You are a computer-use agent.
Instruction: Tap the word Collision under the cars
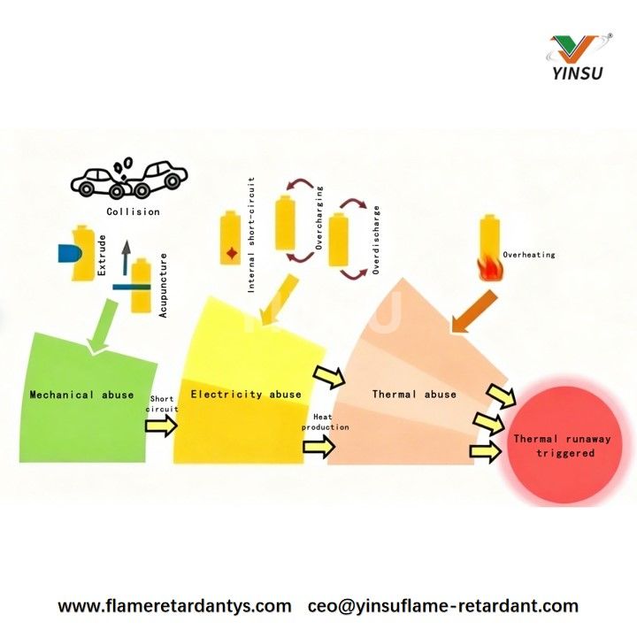[133, 211]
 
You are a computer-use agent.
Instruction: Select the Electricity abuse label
[246, 395]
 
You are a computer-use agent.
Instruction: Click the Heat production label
[326, 422]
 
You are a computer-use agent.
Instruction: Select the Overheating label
[528, 255]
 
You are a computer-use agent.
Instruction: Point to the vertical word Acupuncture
[163, 286]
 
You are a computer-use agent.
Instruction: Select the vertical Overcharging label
[319, 219]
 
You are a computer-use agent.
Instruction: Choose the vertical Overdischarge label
[376, 240]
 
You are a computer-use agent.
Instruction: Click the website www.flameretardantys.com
[174, 607]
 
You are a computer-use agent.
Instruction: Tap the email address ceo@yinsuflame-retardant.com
[443, 607]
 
